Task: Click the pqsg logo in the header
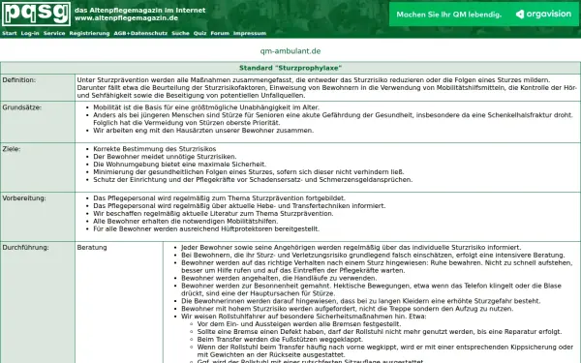pyautogui.click(x=34, y=14)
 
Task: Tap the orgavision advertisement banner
pyautogui.click(x=473, y=15)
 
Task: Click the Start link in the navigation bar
pyautogui.click(x=9, y=33)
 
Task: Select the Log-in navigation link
pyautogui.click(x=30, y=33)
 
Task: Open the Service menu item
pyautogui.click(x=54, y=33)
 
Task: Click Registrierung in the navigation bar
pyautogui.click(x=90, y=33)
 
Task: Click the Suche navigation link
pyautogui.click(x=181, y=33)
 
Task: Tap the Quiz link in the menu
pyautogui.click(x=200, y=33)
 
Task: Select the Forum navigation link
pyautogui.click(x=220, y=33)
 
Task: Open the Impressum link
pyautogui.click(x=250, y=33)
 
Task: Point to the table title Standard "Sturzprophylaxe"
pyautogui.click(x=290, y=68)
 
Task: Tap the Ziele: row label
pyautogui.click(x=13, y=150)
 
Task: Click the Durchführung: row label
pyautogui.click(x=25, y=248)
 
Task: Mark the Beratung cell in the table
pyautogui.click(x=93, y=248)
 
